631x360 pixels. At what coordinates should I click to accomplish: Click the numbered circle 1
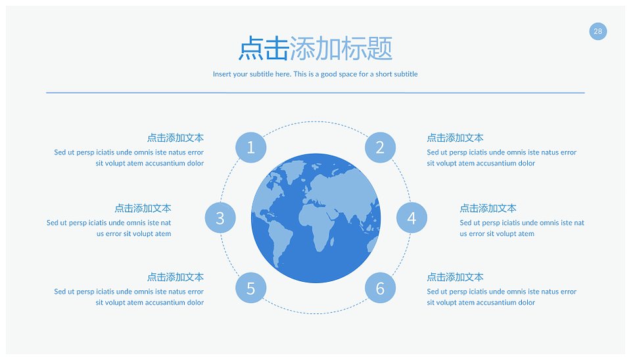tap(250, 148)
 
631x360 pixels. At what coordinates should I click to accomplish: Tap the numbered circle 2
tap(381, 148)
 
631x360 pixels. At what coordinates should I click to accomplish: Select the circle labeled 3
tap(220, 218)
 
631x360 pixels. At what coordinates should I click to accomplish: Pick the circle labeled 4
tap(411, 218)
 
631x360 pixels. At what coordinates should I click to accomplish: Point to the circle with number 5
tap(250, 288)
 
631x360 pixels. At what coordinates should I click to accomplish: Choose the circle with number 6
tap(381, 288)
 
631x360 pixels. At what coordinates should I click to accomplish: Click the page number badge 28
tap(598, 32)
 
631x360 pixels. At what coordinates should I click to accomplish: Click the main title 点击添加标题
tap(315, 49)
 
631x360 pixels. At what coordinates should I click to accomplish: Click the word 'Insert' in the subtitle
tap(222, 74)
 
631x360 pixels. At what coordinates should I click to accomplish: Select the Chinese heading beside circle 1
tap(175, 138)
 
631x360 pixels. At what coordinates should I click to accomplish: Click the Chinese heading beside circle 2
tap(455, 138)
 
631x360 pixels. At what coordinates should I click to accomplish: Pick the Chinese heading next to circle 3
tap(143, 208)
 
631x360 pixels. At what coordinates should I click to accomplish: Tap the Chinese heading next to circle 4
tap(488, 208)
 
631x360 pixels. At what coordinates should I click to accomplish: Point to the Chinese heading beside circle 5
tap(175, 277)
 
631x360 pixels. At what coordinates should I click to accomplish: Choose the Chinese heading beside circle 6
tap(455, 277)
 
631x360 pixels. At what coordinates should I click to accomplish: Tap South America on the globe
tap(279, 241)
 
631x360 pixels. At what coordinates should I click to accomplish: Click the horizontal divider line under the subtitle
tap(315, 93)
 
